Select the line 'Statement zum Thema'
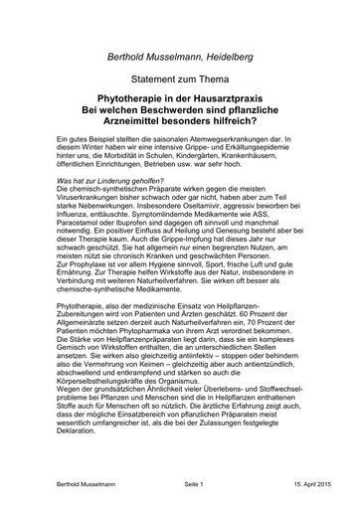[180, 80]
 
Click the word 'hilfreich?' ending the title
[247, 127]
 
